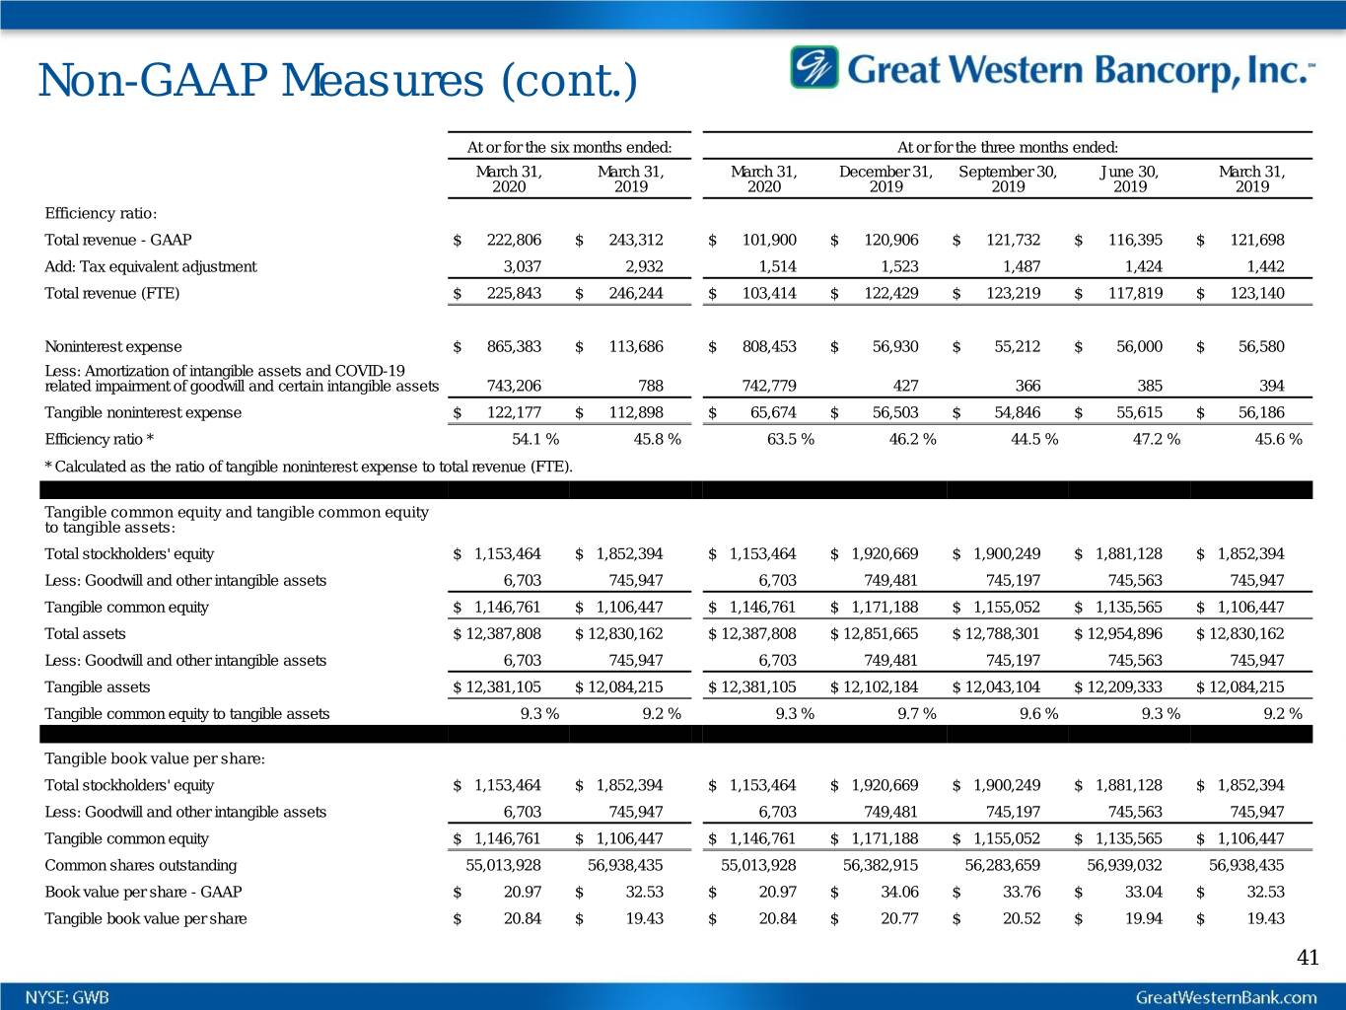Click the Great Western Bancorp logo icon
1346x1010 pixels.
(814, 67)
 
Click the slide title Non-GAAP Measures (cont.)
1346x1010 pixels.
(337, 81)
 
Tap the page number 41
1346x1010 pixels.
(1308, 957)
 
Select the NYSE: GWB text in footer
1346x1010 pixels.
(68, 996)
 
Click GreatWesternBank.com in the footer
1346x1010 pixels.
(1226, 996)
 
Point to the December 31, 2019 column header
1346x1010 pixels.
(886, 179)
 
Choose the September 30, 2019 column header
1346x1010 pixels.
(1008, 179)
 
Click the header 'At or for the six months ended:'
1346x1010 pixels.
(569, 148)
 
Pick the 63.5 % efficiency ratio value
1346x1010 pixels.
(790, 439)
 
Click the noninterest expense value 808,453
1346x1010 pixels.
(769, 346)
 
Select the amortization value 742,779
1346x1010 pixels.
(769, 386)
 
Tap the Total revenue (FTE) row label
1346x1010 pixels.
(112, 293)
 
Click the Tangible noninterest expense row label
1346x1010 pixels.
(143, 412)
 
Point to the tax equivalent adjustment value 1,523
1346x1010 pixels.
(897, 266)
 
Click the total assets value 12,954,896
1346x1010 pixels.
(1123, 633)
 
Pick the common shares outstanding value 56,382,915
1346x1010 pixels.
(881, 865)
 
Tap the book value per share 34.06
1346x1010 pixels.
(898, 892)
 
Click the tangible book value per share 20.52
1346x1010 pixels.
(1021, 918)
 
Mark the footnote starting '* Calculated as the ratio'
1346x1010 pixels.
(308, 466)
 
